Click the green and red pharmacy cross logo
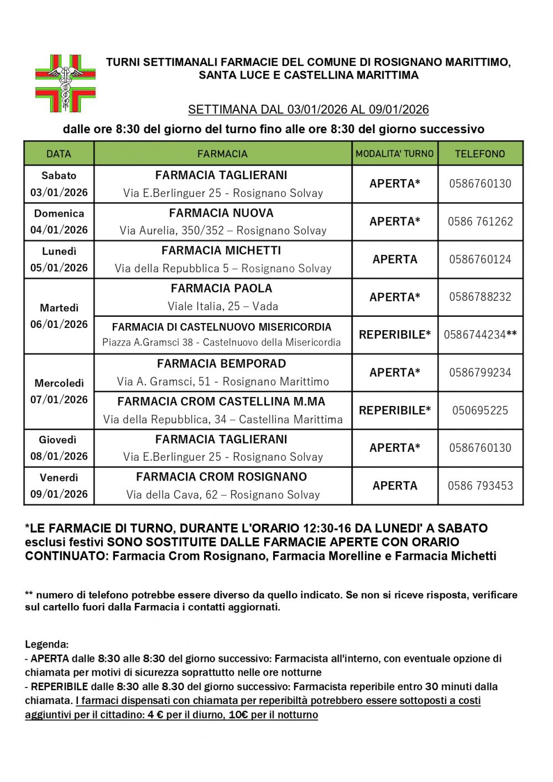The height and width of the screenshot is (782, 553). [x=65, y=83]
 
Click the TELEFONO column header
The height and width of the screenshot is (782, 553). [x=480, y=154]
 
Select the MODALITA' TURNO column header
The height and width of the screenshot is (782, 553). [x=395, y=154]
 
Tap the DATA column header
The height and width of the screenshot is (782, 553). [x=59, y=154]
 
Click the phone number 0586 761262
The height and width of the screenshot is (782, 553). [x=480, y=222]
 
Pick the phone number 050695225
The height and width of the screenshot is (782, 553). [x=480, y=410]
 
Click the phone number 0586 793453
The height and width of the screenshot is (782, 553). [x=480, y=486]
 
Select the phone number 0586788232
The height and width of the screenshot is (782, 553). [x=480, y=297]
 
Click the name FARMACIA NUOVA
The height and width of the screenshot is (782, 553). [x=221, y=213]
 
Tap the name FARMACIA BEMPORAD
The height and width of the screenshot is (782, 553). [x=221, y=364]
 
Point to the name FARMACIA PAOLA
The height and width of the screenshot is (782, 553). [x=221, y=288]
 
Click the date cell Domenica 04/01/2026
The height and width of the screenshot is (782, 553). [x=59, y=222]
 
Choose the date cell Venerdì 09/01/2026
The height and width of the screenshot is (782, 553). [x=59, y=486]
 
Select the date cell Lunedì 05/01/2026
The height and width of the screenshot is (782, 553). [x=59, y=259]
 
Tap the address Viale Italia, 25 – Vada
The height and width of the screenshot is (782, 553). [x=223, y=306]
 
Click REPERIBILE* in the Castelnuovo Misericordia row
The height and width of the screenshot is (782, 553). [x=395, y=335]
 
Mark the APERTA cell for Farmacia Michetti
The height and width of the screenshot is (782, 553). [x=395, y=259]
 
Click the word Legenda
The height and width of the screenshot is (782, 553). [x=46, y=644]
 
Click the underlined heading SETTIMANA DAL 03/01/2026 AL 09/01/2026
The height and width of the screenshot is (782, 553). [x=308, y=110]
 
